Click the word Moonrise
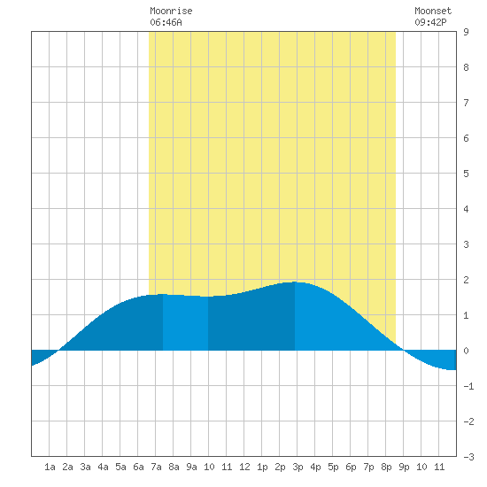click(x=171, y=11)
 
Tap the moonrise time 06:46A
click(x=166, y=22)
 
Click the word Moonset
click(x=433, y=11)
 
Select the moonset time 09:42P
click(x=430, y=22)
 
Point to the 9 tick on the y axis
click(x=466, y=32)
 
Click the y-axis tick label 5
click(x=466, y=174)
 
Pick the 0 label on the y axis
click(x=466, y=351)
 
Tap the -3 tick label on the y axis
click(x=468, y=457)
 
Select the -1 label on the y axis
click(x=468, y=386)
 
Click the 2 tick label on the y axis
click(x=466, y=280)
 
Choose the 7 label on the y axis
click(x=466, y=103)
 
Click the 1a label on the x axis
click(x=50, y=467)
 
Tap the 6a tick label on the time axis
click(x=138, y=467)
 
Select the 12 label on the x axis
click(x=244, y=467)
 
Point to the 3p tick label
click(x=298, y=467)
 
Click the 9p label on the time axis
click(x=404, y=467)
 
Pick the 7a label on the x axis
click(x=156, y=467)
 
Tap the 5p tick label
click(x=333, y=467)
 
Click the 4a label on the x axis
click(x=103, y=467)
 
